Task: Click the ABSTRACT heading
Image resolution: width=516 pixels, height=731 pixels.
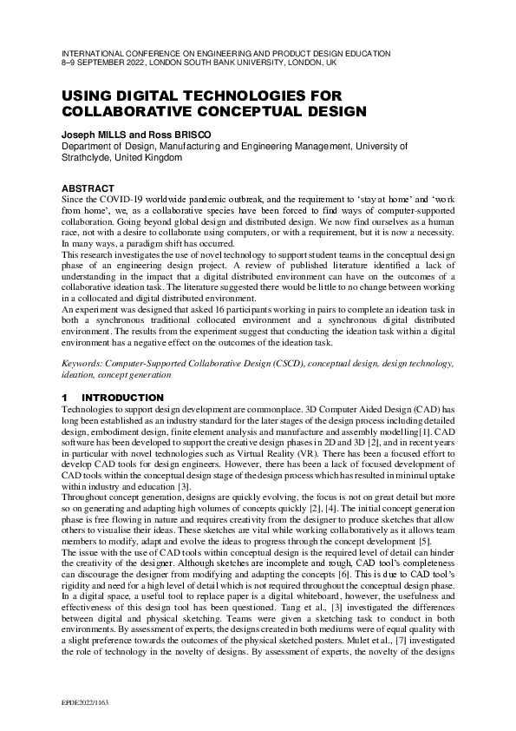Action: tap(88, 188)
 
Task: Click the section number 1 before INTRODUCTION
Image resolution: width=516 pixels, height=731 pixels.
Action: tap(64, 398)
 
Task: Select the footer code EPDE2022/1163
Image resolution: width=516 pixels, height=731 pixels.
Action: tap(86, 700)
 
